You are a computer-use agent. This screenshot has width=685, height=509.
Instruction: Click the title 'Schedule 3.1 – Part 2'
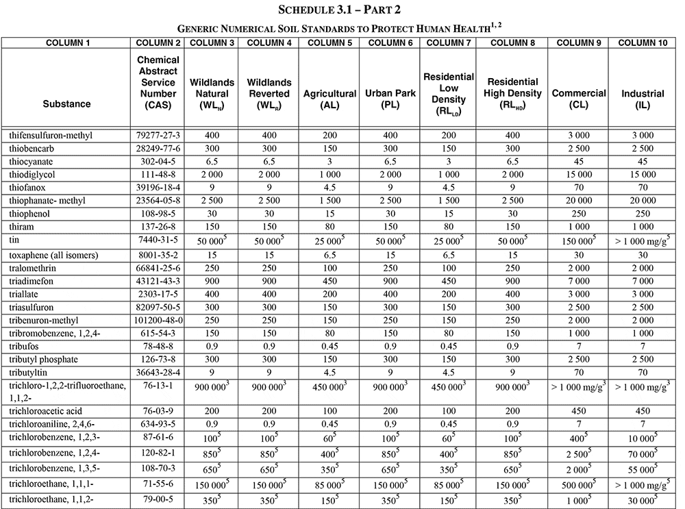(342, 10)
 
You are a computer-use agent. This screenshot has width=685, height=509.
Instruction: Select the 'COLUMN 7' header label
(448, 42)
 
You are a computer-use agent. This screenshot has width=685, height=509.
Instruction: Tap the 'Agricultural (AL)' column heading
(330, 99)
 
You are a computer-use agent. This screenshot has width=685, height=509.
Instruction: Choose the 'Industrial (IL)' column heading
(643, 99)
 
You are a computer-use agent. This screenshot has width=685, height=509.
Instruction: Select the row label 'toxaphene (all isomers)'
(54, 255)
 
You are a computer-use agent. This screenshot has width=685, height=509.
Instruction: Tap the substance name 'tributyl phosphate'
(44, 359)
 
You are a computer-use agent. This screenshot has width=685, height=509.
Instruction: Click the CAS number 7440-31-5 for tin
(159, 241)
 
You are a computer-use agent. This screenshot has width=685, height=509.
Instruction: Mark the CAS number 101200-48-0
(159, 320)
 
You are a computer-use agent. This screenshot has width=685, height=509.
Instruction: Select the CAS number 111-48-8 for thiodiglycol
(159, 174)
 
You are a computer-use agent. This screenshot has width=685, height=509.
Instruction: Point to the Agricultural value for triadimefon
(330, 281)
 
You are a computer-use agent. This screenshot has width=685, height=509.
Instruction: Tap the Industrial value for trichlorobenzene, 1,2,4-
(643, 453)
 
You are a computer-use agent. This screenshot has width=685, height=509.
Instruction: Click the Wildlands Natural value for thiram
(212, 226)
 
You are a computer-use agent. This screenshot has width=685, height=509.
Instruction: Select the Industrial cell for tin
(643, 241)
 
